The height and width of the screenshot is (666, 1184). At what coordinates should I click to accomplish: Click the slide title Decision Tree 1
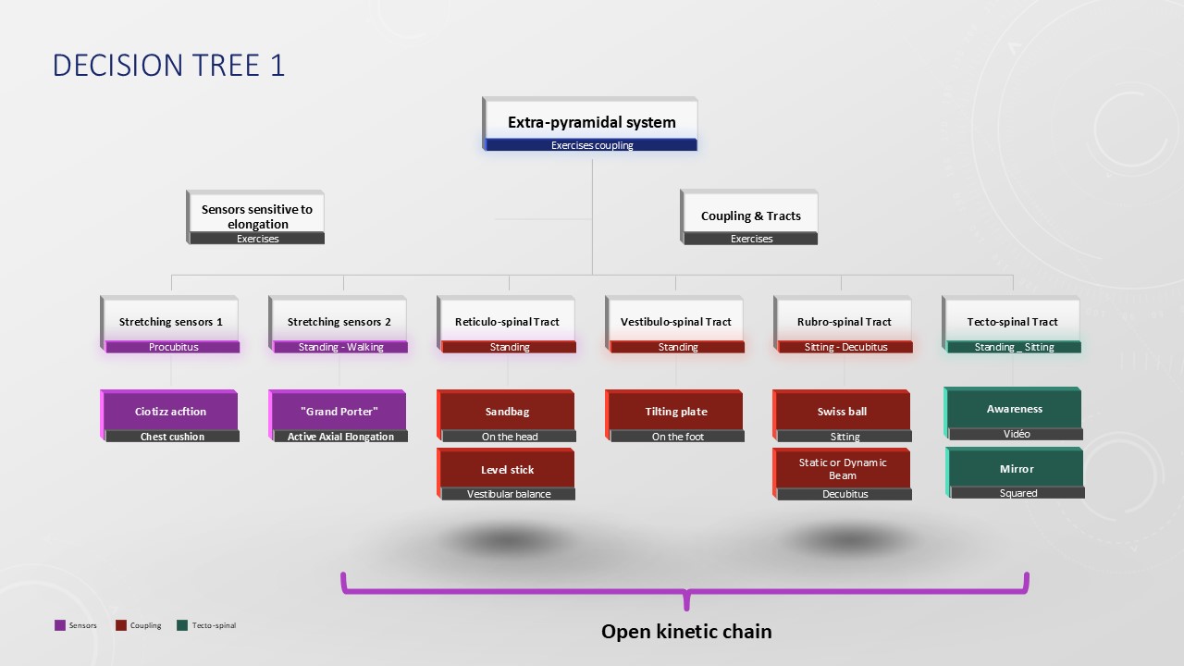point(168,65)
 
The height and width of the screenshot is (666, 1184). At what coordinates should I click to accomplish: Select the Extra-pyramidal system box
point(591,122)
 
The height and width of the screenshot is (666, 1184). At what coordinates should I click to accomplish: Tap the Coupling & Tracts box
point(750,216)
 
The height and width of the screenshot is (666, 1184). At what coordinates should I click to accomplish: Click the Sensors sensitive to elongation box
point(257,216)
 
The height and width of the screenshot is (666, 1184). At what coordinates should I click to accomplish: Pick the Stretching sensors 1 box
point(171,322)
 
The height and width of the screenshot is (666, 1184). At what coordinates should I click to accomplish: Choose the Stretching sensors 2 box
point(339,322)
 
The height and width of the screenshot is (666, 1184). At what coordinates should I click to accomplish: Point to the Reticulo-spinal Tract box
point(507,322)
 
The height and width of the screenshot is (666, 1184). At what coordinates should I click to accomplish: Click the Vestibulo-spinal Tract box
point(676,322)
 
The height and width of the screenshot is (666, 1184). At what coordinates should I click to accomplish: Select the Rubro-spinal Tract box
point(845,322)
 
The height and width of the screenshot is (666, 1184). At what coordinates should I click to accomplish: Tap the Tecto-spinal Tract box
point(1012,322)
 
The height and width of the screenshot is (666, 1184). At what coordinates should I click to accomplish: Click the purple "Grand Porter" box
point(339,412)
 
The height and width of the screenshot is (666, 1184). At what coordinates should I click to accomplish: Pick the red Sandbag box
point(508,412)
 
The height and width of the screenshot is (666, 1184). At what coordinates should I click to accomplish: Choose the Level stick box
point(508,470)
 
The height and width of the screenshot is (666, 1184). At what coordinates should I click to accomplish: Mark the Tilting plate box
point(676,412)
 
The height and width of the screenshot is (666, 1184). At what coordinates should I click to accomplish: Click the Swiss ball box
point(843,412)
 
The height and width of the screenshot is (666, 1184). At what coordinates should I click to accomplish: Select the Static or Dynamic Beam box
point(843,469)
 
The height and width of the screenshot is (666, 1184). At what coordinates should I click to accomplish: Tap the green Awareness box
point(1014,409)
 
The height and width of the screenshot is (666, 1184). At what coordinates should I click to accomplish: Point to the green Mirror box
point(1017,469)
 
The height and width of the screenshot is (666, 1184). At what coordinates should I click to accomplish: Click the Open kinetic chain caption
point(686,632)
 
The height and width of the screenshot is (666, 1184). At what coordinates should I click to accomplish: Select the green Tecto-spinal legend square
point(181,625)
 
